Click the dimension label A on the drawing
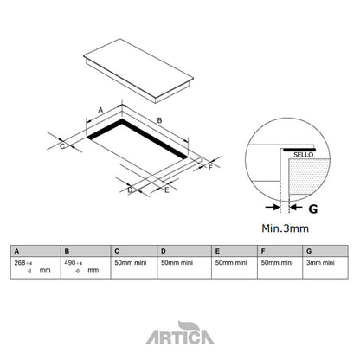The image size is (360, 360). point(100,110)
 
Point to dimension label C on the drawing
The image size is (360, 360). point(62,146)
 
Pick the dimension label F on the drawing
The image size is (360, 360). point(209,168)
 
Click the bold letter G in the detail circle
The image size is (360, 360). point(312,208)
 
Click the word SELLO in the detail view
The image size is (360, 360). point(304,152)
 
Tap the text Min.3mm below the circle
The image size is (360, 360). point(286,228)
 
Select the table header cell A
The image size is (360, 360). point(16,250)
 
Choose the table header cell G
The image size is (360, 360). point(309,250)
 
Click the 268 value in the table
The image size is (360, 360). point(21,262)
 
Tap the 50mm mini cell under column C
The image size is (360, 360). point(129,262)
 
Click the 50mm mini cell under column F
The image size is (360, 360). point(276,262)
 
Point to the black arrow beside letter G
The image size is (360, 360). point(292,208)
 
